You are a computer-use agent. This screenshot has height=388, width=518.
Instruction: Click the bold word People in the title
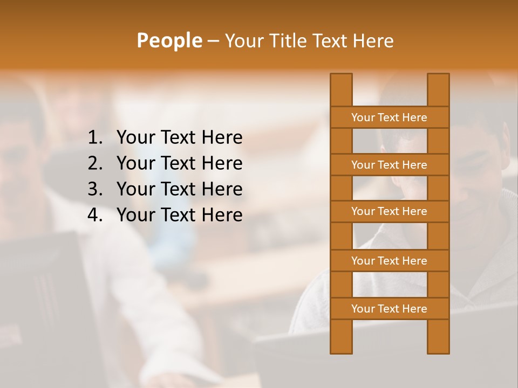[x=169, y=41]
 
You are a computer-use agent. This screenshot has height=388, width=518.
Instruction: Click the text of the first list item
[x=179, y=138]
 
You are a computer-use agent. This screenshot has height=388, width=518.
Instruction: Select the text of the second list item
[x=179, y=163]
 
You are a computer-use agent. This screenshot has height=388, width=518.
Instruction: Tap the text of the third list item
[x=179, y=189]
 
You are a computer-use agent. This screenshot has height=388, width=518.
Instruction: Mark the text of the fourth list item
[x=179, y=215]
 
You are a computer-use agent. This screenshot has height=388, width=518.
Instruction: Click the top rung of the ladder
[x=389, y=117]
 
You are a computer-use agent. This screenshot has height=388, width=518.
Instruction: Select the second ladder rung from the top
[x=389, y=165]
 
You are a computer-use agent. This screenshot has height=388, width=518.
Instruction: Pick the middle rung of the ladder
[x=389, y=212]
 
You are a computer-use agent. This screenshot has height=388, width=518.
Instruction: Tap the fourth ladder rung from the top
[x=389, y=261]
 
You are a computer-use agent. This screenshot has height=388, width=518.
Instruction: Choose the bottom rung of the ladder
[x=389, y=309]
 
